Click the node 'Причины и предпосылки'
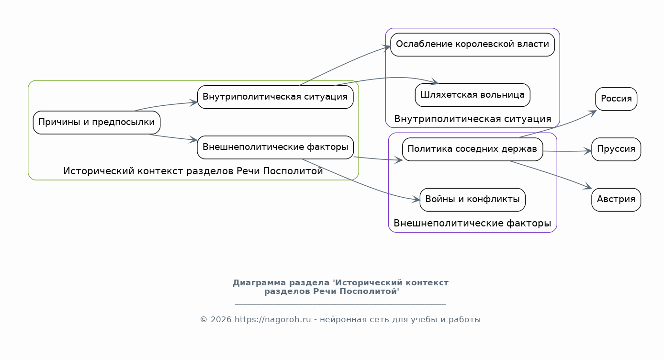97,123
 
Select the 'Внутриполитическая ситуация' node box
275,97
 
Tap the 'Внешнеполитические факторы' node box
275,147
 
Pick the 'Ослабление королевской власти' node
473,45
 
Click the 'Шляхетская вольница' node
473,95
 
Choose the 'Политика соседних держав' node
473,149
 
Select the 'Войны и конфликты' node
473,200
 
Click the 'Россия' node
616,99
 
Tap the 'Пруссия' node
616,149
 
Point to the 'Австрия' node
616,200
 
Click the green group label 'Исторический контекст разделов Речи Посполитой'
193,171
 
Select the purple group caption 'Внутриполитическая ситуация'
473,119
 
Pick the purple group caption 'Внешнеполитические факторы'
472,223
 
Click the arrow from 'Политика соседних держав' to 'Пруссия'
567,151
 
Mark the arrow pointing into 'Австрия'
552,174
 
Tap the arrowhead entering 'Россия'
593,113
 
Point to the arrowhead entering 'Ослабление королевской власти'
386,48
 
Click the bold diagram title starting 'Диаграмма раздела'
340,287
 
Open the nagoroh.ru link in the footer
273,320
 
